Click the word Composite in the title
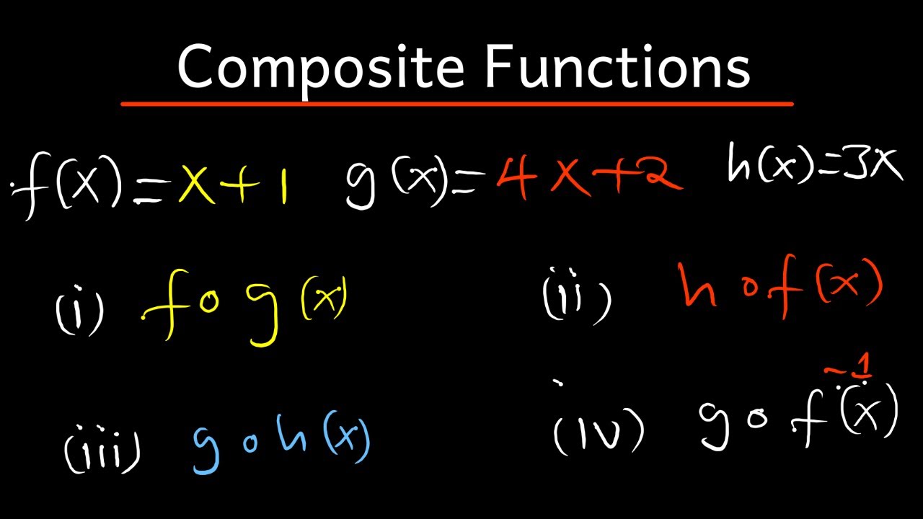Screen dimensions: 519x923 pos(321,66)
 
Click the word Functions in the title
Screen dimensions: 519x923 pos(618,66)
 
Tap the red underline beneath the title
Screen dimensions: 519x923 pos(457,105)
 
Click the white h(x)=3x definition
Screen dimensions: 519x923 pos(815,165)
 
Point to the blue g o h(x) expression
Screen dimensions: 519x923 pos(281,440)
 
